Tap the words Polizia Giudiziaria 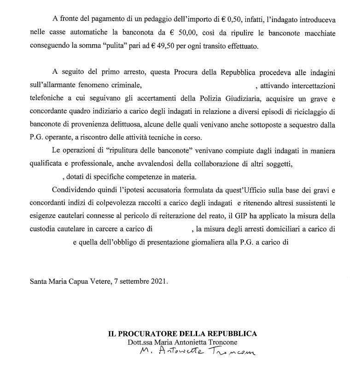[230, 98]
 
